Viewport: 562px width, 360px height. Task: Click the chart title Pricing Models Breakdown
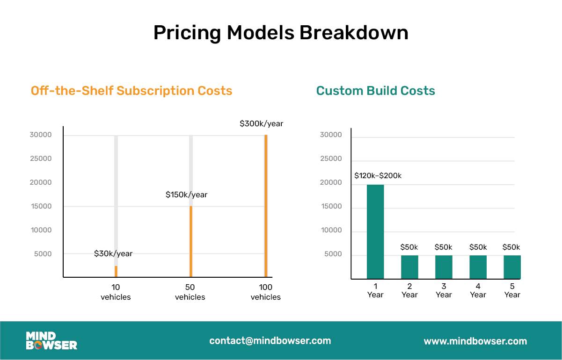point(281,33)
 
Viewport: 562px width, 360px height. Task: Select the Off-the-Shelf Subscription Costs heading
point(131,90)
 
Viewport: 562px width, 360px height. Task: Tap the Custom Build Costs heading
point(375,90)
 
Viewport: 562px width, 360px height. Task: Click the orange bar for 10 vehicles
point(116,272)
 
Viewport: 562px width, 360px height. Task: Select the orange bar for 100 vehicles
point(266,206)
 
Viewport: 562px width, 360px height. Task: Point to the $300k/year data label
point(261,124)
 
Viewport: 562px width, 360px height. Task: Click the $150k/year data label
point(186,194)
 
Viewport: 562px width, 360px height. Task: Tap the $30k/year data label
point(113,253)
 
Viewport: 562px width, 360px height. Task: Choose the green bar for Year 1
point(375,232)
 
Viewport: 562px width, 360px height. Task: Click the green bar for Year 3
point(444,267)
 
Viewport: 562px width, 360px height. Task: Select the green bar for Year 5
point(512,267)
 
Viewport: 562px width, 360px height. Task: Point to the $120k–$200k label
point(378,176)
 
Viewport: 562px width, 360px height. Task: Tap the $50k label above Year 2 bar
point(409,247)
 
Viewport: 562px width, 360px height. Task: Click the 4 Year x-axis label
point(478,290)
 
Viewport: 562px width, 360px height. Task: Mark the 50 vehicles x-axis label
point(190,292)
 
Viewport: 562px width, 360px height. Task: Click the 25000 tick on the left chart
point(40,158)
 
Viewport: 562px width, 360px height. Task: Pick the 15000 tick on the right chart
point(330,206)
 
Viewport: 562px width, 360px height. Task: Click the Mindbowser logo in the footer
point(51,341)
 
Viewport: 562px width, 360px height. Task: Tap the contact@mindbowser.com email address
point(270,341)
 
